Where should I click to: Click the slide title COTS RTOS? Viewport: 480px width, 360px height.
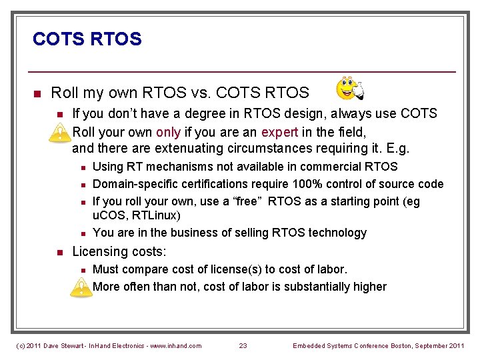coord(87,39)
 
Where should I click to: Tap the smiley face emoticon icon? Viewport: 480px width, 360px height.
coord(350,89)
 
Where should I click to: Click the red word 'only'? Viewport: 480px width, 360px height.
coord(168,131)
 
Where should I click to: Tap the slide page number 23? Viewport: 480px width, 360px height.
coord(243,345)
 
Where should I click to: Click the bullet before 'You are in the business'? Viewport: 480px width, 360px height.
coord(80,233)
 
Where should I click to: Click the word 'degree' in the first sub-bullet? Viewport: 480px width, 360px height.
coord(191,113)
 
